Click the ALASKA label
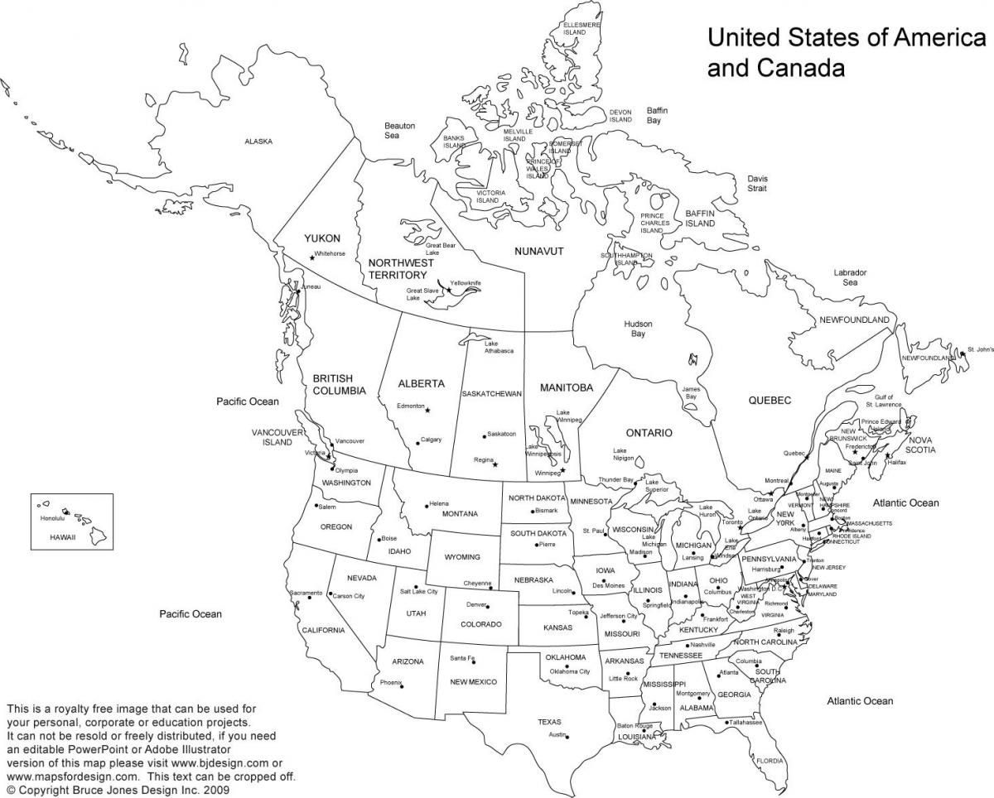(258, 142)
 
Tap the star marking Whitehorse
(312, 258)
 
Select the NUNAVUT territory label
(538, 251)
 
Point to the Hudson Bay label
(638, 329)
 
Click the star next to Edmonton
(427, 410)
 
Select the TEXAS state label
(549, 722)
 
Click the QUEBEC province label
(770, 401)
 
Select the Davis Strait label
(757, 183)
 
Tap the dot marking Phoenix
(402, 685)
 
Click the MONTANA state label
(460, 514)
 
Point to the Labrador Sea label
(850, 277)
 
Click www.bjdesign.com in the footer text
(219, 762)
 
